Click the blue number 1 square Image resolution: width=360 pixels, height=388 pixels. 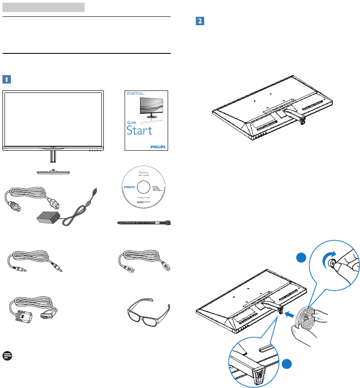[6, 78]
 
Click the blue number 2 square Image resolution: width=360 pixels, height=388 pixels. [200, 22]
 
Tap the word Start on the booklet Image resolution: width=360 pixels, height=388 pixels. [139, 130]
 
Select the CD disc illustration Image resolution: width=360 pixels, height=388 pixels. [144, 188]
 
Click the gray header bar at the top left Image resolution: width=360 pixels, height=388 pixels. [44, 7]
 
